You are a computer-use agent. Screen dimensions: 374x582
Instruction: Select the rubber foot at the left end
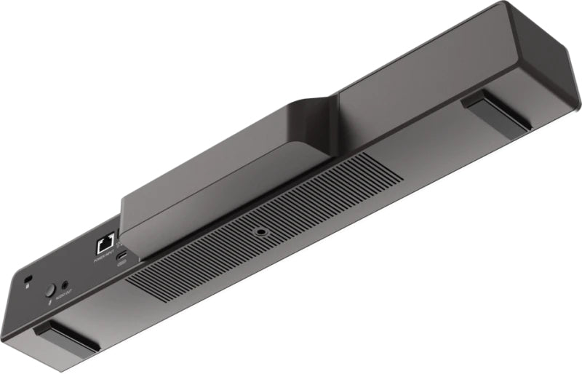(65, 339)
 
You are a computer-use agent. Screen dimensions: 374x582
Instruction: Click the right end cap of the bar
(560, 80)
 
